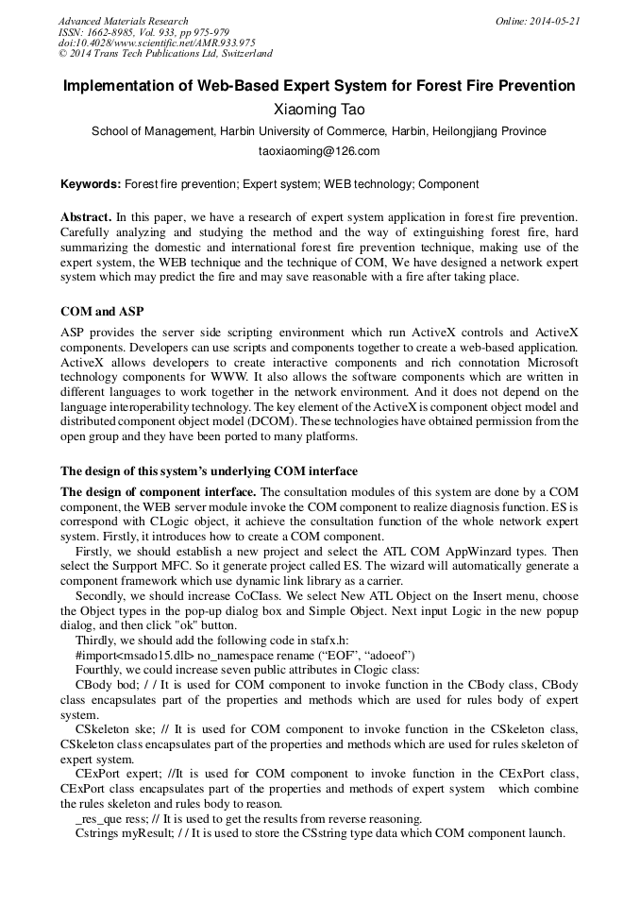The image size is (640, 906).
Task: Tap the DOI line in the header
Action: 157,43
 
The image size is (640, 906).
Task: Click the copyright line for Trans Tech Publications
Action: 165,55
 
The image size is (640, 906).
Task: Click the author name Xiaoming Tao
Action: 319,110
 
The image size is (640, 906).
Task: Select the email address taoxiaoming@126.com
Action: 319,151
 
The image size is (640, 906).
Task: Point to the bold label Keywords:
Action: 91,184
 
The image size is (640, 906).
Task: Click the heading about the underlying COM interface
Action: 209,470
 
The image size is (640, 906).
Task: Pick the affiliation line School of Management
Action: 318,132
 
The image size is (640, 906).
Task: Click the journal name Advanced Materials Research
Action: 123,21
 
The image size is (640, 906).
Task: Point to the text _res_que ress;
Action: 111,817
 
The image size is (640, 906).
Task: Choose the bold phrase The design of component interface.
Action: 159,492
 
